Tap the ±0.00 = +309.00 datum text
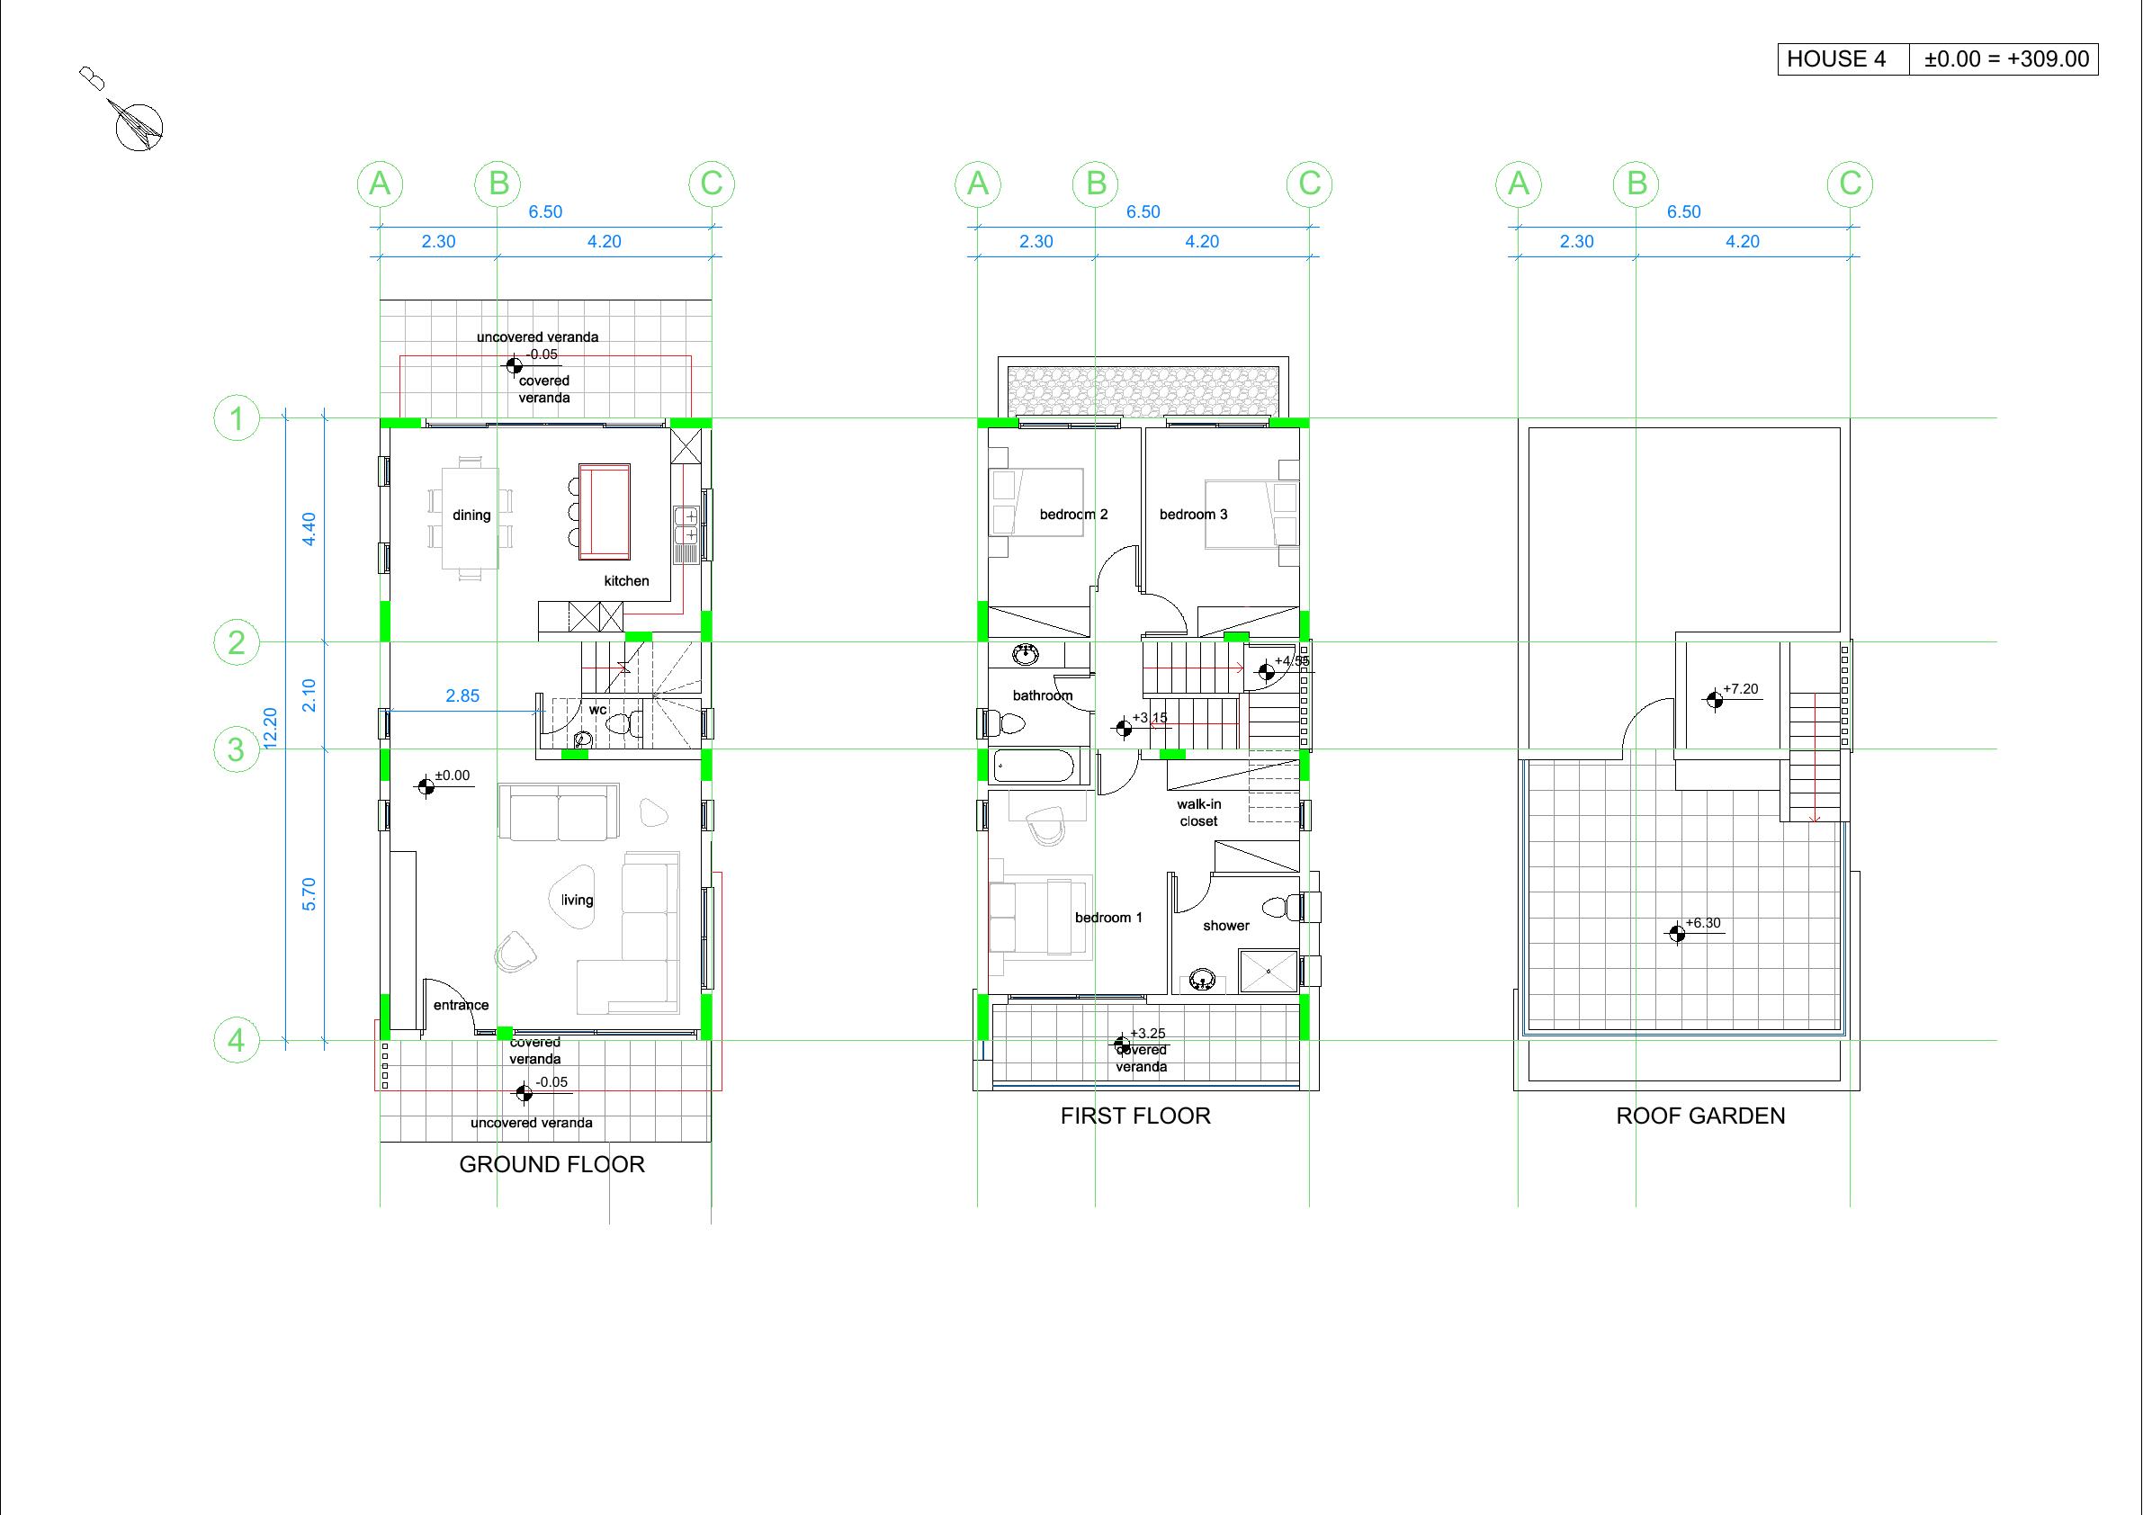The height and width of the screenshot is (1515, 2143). (2005, 58)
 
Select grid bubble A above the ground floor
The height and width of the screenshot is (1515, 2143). (380, 183)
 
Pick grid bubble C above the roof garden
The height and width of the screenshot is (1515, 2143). (1850, 183)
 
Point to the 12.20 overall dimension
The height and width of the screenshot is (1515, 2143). (271, 728)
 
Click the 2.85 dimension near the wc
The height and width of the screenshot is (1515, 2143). (463, 695)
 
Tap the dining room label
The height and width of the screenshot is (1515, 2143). (471, 515)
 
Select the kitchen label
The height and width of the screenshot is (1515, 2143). (626, 580)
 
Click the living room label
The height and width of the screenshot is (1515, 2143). (577, 900)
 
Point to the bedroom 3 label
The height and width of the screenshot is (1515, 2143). (1194, 515)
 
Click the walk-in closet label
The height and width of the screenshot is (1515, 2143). (1198, 812)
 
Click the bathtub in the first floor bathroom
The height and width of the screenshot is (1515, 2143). (1033, 766)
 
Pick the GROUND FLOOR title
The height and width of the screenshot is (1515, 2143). (551, 1164)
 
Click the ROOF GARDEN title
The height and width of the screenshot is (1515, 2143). (1700, 1116)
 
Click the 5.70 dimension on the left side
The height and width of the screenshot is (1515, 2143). (309, 894)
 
